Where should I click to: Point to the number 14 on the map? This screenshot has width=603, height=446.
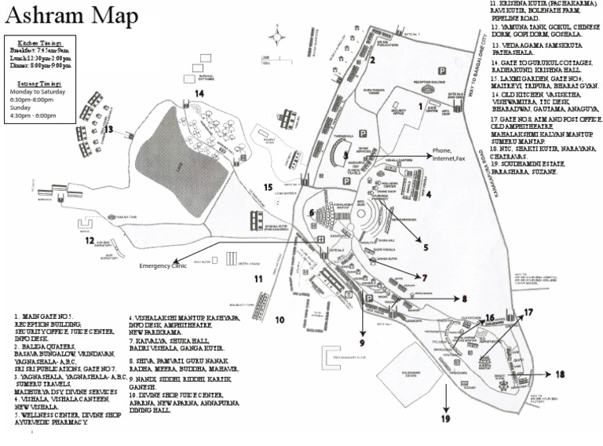199,93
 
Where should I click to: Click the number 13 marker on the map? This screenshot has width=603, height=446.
109,130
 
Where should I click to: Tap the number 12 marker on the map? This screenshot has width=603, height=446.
89,240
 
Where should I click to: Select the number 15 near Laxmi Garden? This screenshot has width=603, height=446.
269,188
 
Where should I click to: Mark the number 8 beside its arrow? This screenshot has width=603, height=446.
464,298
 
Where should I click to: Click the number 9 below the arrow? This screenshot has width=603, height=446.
363,343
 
